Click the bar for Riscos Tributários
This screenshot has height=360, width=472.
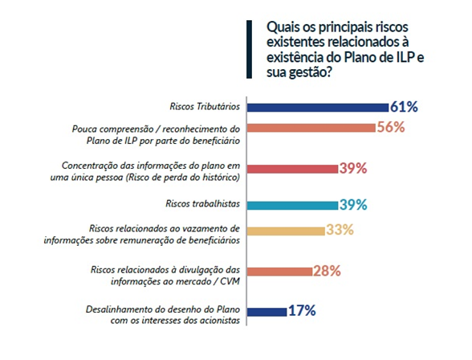tap(318, 108)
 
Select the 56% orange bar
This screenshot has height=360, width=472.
tap(311, 128)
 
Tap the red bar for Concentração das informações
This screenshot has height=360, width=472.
tap(292, 169)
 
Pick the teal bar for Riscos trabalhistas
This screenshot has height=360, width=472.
tap(292, 206)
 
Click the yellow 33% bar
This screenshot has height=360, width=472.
tap(286, 231)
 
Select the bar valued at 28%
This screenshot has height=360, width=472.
tap(279, 272)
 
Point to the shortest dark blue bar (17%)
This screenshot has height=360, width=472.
tap(267, 312)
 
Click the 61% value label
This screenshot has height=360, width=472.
tap(404, 107)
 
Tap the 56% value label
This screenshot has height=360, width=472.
tap(391, 127)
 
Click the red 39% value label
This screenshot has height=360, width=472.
tap(353, 169)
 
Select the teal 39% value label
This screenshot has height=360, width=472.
tap(353, 205)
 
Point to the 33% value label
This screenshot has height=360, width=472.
tap(340, 230)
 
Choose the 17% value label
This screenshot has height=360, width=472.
tap(302, 311)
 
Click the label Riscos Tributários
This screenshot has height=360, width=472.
tap(205, 107)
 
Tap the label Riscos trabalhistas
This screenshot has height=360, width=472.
tap(202, 203)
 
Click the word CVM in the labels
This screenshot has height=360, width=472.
tap(230, 281)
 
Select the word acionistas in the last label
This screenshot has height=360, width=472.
tap(219, 321)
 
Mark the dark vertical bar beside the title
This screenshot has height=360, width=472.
tap(249, 49)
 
